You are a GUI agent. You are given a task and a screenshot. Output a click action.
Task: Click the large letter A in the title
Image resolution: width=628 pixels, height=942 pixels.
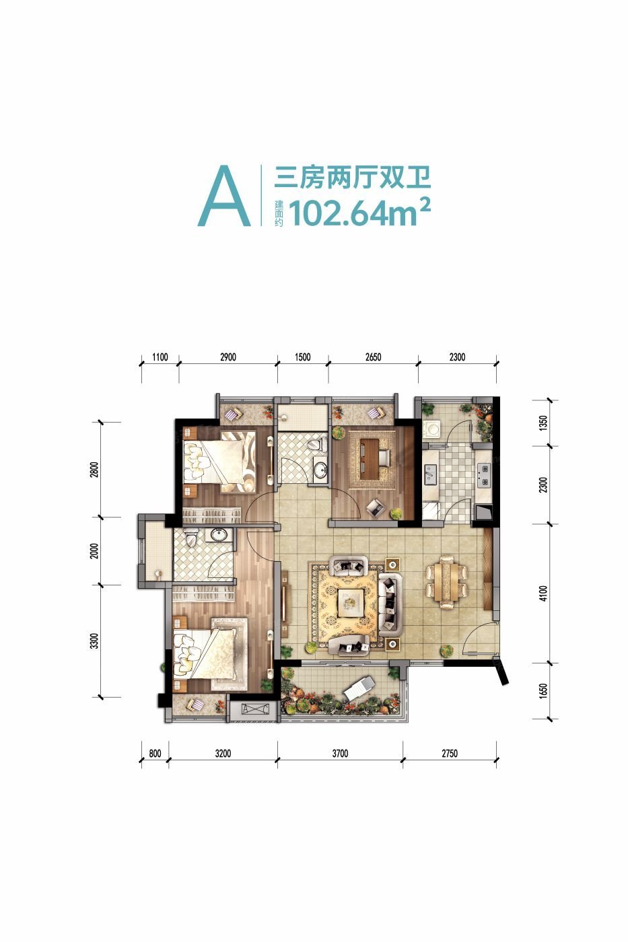(x=223, y=196)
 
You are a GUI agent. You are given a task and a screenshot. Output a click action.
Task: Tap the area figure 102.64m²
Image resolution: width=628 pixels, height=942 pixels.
(x=360, y=212)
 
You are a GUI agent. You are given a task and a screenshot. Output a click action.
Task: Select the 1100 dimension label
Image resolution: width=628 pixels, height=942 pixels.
(x=160, y=357)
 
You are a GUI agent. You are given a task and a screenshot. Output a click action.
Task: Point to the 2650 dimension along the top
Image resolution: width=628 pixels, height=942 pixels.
(x=373, y=357)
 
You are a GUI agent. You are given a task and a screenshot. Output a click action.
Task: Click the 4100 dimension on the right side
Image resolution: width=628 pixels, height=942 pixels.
(x=543, y=593)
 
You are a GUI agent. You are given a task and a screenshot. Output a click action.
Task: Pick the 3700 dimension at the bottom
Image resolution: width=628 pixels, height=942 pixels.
(x=340, y=753)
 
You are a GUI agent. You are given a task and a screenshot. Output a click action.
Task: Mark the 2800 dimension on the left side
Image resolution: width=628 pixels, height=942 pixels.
(x=94, y=470)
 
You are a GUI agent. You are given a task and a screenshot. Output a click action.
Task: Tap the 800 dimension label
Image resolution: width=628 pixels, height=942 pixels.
(x=155, y=753)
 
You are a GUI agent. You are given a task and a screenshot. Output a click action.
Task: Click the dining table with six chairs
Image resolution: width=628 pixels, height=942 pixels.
(x=447, y=581)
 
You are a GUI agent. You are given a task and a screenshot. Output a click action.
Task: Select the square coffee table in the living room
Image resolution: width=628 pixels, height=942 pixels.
(x=351, y=603)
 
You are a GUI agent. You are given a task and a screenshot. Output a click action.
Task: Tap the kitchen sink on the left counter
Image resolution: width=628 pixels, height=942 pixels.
(x=430, y=474)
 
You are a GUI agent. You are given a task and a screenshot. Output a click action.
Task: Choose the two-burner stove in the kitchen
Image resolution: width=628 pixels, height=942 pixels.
(x=484, y=475)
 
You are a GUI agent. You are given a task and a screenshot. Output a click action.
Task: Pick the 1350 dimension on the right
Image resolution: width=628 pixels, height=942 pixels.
(x=543, y=423)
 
